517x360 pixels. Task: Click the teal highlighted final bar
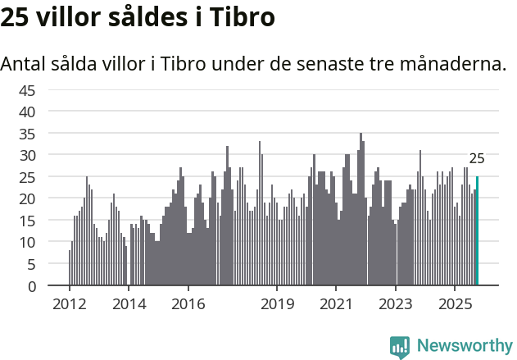pyautogui.click(x=477, y=231)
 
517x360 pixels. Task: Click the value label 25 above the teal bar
pyautogui.click(x=477, y=159)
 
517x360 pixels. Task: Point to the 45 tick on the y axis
pyautogui.click(x=27, y=89)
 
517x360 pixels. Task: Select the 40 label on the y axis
pyautogui.click(x=27, y=112)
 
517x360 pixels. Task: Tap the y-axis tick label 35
pyautogui.click(x=27, y=133)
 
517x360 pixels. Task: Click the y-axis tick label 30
pyautogui.click(x=27, y=155)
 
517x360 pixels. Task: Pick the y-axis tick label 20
pyautogui.click(x=27, y=198)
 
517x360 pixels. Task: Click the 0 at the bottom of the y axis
pyautogui.click(x=31, y=286)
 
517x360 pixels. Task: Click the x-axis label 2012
pyautogui.click(x=69, y=303)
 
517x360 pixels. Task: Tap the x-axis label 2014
pyautogui.click(x=128, y=303)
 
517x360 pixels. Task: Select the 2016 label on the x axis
pyautogui.click(x=188, y=303)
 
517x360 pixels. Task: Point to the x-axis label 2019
pyautogui.click(x=277, y=303)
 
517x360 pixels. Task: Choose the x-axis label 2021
pyautogui.click(x=336, y=303)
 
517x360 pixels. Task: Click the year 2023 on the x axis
pyautogui.click(x=396, y=303)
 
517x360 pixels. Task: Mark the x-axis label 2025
pyautogui.click(x=455, y=303)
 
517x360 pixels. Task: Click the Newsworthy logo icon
pyautogui.click(x=400, y=347)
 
